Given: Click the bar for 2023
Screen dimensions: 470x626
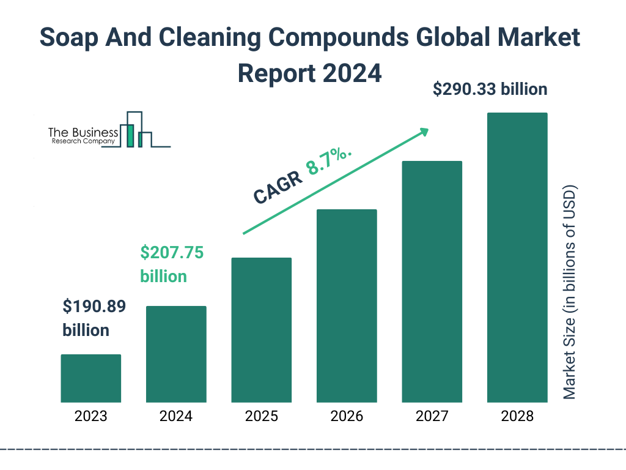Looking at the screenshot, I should point(90,378).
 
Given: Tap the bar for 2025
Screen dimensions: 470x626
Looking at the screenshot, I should point(261,330).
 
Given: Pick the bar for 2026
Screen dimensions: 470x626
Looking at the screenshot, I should point(347,306).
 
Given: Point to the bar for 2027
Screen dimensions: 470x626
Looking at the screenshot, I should point(432,282).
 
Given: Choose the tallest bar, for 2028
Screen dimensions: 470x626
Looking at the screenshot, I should point(517,258).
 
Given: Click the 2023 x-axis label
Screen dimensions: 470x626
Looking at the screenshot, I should point(90,417).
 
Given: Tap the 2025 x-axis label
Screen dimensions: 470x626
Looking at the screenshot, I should point(261,417).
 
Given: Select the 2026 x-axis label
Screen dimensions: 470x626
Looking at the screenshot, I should point(347,417).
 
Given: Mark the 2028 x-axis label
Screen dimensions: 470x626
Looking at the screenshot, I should point(517,417).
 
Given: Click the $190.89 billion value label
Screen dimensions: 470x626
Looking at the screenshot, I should point(94,318).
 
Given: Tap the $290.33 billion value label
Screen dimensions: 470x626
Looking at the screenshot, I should point(490,89).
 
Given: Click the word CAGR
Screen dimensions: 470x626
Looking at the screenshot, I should point(278,187).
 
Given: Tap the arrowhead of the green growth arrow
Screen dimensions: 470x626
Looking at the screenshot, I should point(424,132).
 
